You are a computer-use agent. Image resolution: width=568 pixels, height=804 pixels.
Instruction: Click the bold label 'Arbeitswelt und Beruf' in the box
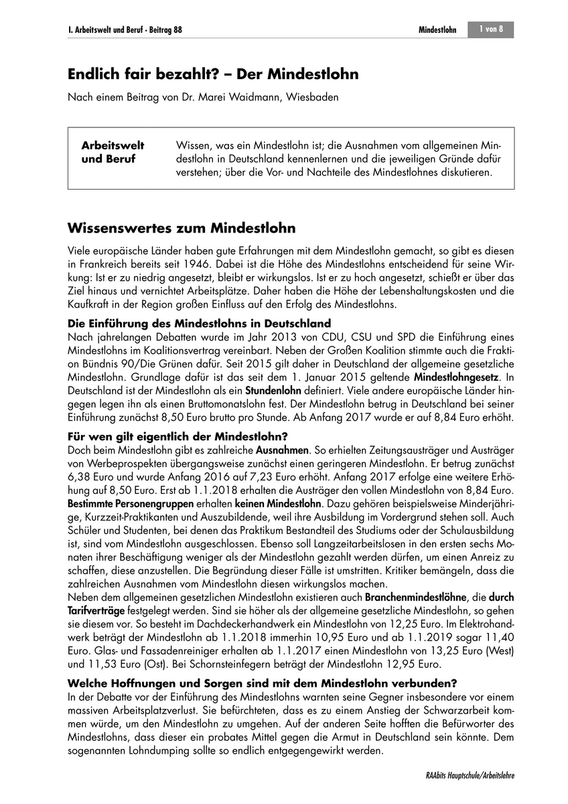pyautogui.click(x=113, y=152)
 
